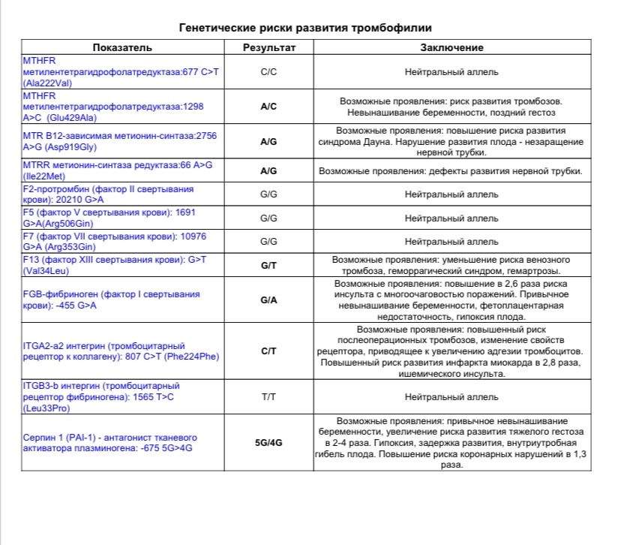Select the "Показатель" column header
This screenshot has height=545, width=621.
(x=122, y=47)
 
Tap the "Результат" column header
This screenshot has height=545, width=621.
(x=268, y=47)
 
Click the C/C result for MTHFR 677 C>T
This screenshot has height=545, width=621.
(x=268, y=73)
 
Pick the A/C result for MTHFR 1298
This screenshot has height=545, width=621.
(x=268, y=107)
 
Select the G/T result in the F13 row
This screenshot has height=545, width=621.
(x=268, y=266)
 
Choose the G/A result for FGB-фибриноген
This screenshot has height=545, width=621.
(x=268, y=300)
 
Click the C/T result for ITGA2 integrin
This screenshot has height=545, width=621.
(x=268, y=351)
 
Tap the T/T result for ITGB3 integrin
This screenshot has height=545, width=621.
(x=268, y=396)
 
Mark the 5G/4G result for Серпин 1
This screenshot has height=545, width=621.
(x=268, y=443)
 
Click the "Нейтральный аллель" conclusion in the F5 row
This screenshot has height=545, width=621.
(x=451, y=218)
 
